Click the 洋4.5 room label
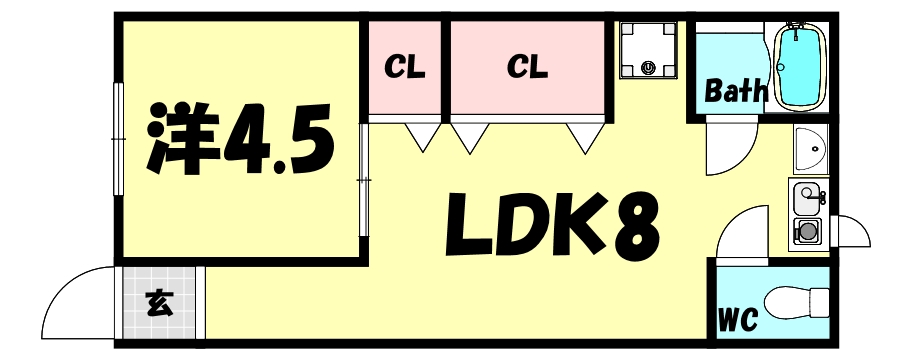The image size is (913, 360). pyautogui.click(x=240, y=140)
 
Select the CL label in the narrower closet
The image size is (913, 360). pyautogui.click(x=405, y=67)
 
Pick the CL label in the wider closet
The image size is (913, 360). pyautogui.click(x=528, y=66)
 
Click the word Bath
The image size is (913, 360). pyautogui.click(x=734, y=91)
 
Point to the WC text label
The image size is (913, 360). pyautogui.click(x=738, y=319)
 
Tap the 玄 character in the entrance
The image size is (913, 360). pyautogui.click(x=159, y=303)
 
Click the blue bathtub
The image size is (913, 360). pyautogui.click(x=800, y=66)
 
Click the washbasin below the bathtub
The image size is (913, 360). pyautogui.click(x=811, y=149)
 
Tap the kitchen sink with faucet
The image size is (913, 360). pyautogui.click(x=806, y=198)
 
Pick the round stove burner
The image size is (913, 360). pyautogui.click(x=806, y=232)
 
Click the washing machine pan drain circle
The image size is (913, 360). pyautogui.click(x=648, y=68)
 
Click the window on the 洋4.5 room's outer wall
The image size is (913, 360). pyautogui.click(x=119, y=139)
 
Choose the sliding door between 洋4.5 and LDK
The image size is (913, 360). pyautogui.click(x=364, y=179)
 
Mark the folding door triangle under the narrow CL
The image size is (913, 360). pyautogui.click(x=423, y=137)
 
